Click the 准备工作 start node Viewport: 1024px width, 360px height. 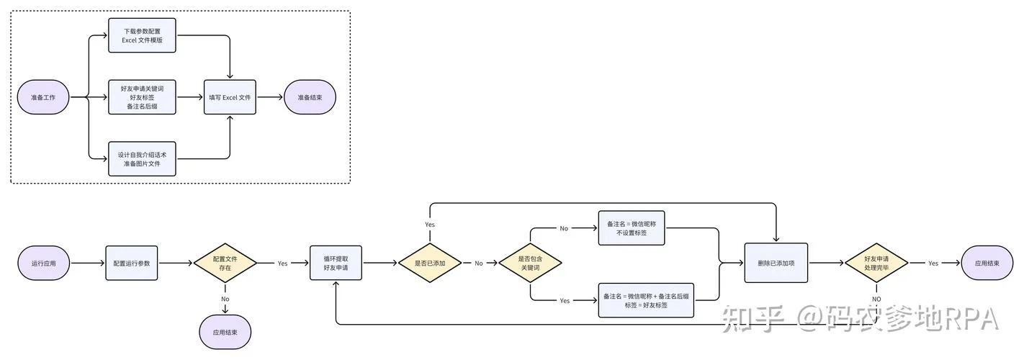point(43,97)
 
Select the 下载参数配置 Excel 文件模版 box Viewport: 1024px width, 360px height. point(142,35)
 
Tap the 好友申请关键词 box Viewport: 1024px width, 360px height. point(142,97)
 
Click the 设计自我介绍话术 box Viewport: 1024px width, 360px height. point(142,159)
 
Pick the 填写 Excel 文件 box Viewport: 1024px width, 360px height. point(230,97)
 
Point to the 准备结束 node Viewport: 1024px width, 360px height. point(310,97)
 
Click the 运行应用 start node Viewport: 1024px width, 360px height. point(44,263)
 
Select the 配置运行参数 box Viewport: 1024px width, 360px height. point(132,263)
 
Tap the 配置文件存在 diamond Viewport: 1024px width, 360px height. point(225,263)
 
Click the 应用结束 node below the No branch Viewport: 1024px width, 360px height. point(225,332)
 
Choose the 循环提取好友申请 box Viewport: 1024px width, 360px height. point(336,263)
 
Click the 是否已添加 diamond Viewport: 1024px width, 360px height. point(430,263)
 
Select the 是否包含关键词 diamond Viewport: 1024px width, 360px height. point(530,263)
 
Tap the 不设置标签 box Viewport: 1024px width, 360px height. point(632,228)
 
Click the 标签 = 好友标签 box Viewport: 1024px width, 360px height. point(646,300)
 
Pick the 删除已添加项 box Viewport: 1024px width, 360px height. point(776,263)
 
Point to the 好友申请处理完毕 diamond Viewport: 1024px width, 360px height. point(876,263)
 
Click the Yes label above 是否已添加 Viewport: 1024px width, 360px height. point(430,225)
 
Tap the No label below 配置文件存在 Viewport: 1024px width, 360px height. point(225,300)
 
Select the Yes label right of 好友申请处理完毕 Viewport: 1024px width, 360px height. point(933,264)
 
